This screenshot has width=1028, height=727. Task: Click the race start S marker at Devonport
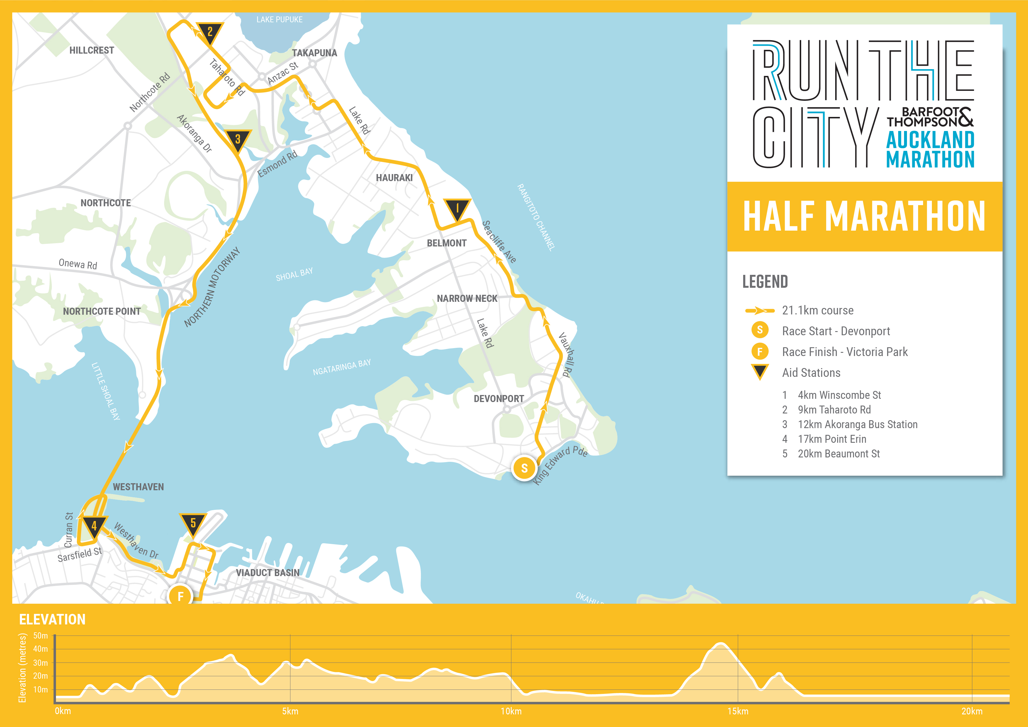pos(524,468)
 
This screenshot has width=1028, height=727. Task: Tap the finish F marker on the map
pos(181,596)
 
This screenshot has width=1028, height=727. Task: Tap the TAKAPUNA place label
pos(314,53)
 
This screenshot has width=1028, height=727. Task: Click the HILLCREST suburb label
pos(91,50)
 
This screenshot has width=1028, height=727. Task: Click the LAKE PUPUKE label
pos(279,20)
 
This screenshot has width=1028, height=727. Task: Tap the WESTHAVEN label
pos(138,487)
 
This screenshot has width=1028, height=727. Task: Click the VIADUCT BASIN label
pos(267,573)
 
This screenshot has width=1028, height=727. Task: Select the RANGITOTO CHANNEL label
pos(536,217)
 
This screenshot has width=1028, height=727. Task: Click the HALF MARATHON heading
pos(864,216)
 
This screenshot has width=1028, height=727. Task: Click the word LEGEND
pos(765,282)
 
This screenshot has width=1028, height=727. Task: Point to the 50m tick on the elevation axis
pos(40,635)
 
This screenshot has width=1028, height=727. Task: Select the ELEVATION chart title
pos(52,619)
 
